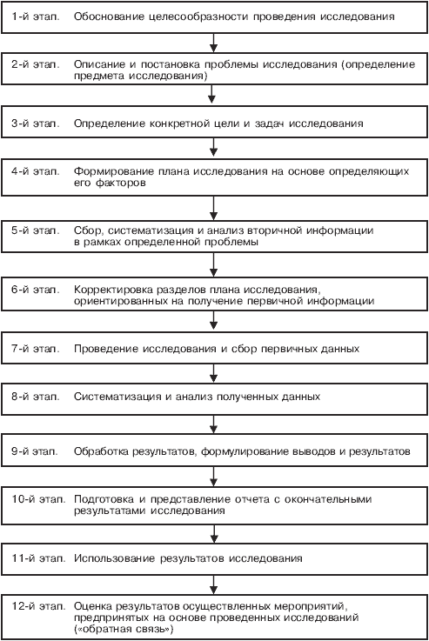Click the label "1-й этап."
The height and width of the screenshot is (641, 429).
coord(35,17)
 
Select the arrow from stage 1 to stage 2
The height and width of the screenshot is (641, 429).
coord(213,43)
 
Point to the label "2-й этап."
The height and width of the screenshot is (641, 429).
coord(35,64)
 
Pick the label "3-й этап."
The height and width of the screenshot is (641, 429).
coord(35,124)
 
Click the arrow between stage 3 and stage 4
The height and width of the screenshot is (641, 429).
coord(213,147)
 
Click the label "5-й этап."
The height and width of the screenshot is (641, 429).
coord(35,230)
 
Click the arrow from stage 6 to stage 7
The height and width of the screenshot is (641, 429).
coord(213,320)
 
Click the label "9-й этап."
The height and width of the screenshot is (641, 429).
coord(34,451)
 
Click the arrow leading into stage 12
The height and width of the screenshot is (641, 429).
coord(213,585)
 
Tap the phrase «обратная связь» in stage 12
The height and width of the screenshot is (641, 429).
coord(124,629)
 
